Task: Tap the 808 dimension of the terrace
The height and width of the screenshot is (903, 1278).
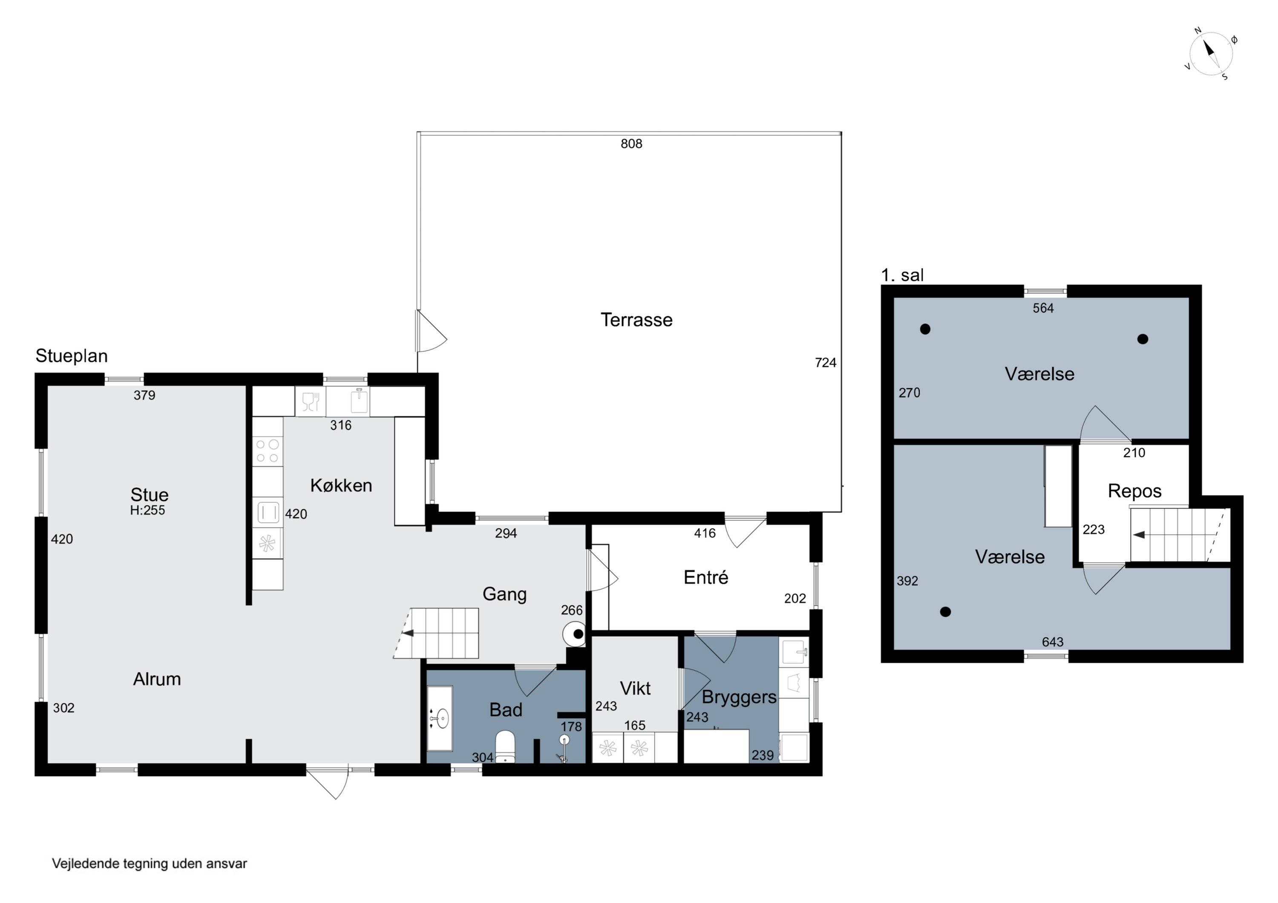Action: pos(631,143)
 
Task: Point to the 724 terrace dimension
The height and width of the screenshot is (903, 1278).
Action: pos(826,363)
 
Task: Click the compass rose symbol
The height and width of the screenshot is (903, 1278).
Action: pos(1211,54)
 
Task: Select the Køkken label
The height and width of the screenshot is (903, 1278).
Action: pos(341,485)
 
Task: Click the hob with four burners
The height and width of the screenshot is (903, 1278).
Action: pos(267,451)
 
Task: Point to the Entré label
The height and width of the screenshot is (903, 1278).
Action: pos(706,577)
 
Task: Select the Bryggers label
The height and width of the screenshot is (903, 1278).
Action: pos(739,697)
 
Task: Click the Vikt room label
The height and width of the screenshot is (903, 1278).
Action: pos(635,688)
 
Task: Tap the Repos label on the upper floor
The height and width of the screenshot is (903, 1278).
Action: pos(1134,491)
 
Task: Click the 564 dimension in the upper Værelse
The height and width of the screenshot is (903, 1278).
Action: pos(1043,308)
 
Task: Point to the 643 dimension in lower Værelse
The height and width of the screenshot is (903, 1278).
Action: pos(1053,642)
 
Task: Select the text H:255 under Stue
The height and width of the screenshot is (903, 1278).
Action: pos(147,510)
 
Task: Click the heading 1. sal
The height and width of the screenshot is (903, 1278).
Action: pos(902,275)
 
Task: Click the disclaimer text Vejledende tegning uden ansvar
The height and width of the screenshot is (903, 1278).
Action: pos(149,863)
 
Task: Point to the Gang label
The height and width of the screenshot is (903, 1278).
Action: pos(504,594)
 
